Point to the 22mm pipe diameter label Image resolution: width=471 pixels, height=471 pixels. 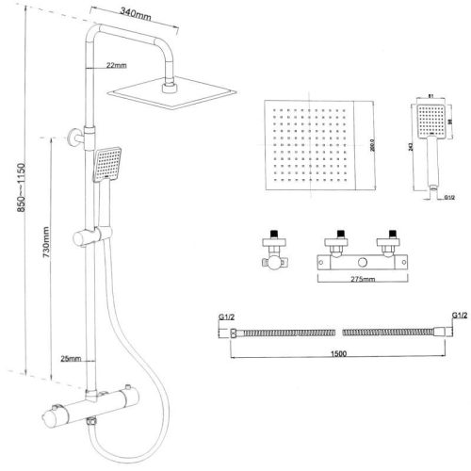[117, 65]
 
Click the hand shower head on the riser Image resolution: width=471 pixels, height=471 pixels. [108, 162]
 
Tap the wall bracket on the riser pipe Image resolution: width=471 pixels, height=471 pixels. [76, 135]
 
